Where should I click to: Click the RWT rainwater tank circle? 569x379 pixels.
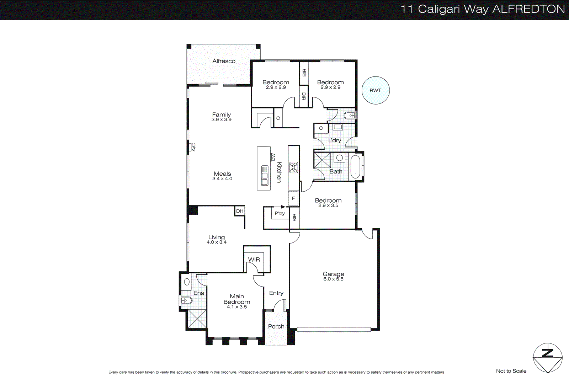(376, 90)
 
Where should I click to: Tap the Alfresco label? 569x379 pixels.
(224, 61)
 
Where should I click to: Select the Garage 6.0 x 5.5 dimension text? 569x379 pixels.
(333, 279)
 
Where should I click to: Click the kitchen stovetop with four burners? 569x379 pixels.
(293, 167)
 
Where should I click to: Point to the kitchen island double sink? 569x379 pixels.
(265, 176)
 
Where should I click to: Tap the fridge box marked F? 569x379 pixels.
(293, 198)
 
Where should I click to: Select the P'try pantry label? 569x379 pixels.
(280, 213)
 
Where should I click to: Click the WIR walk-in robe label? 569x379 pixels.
(254, 260)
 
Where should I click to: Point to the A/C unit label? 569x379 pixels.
(193, 147)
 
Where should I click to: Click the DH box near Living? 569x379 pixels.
(240, 211)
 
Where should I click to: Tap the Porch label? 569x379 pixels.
(276, 326)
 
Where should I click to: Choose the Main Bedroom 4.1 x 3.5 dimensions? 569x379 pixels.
(237, 307)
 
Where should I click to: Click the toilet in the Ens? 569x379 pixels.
(186, 301)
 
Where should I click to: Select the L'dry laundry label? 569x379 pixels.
(334, 140)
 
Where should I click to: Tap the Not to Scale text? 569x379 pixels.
(511, 371)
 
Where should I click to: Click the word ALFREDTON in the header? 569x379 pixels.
(528, 9)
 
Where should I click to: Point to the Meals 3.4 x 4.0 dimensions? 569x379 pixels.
(222, 179)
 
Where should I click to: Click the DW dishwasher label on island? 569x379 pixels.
(273, 157)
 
